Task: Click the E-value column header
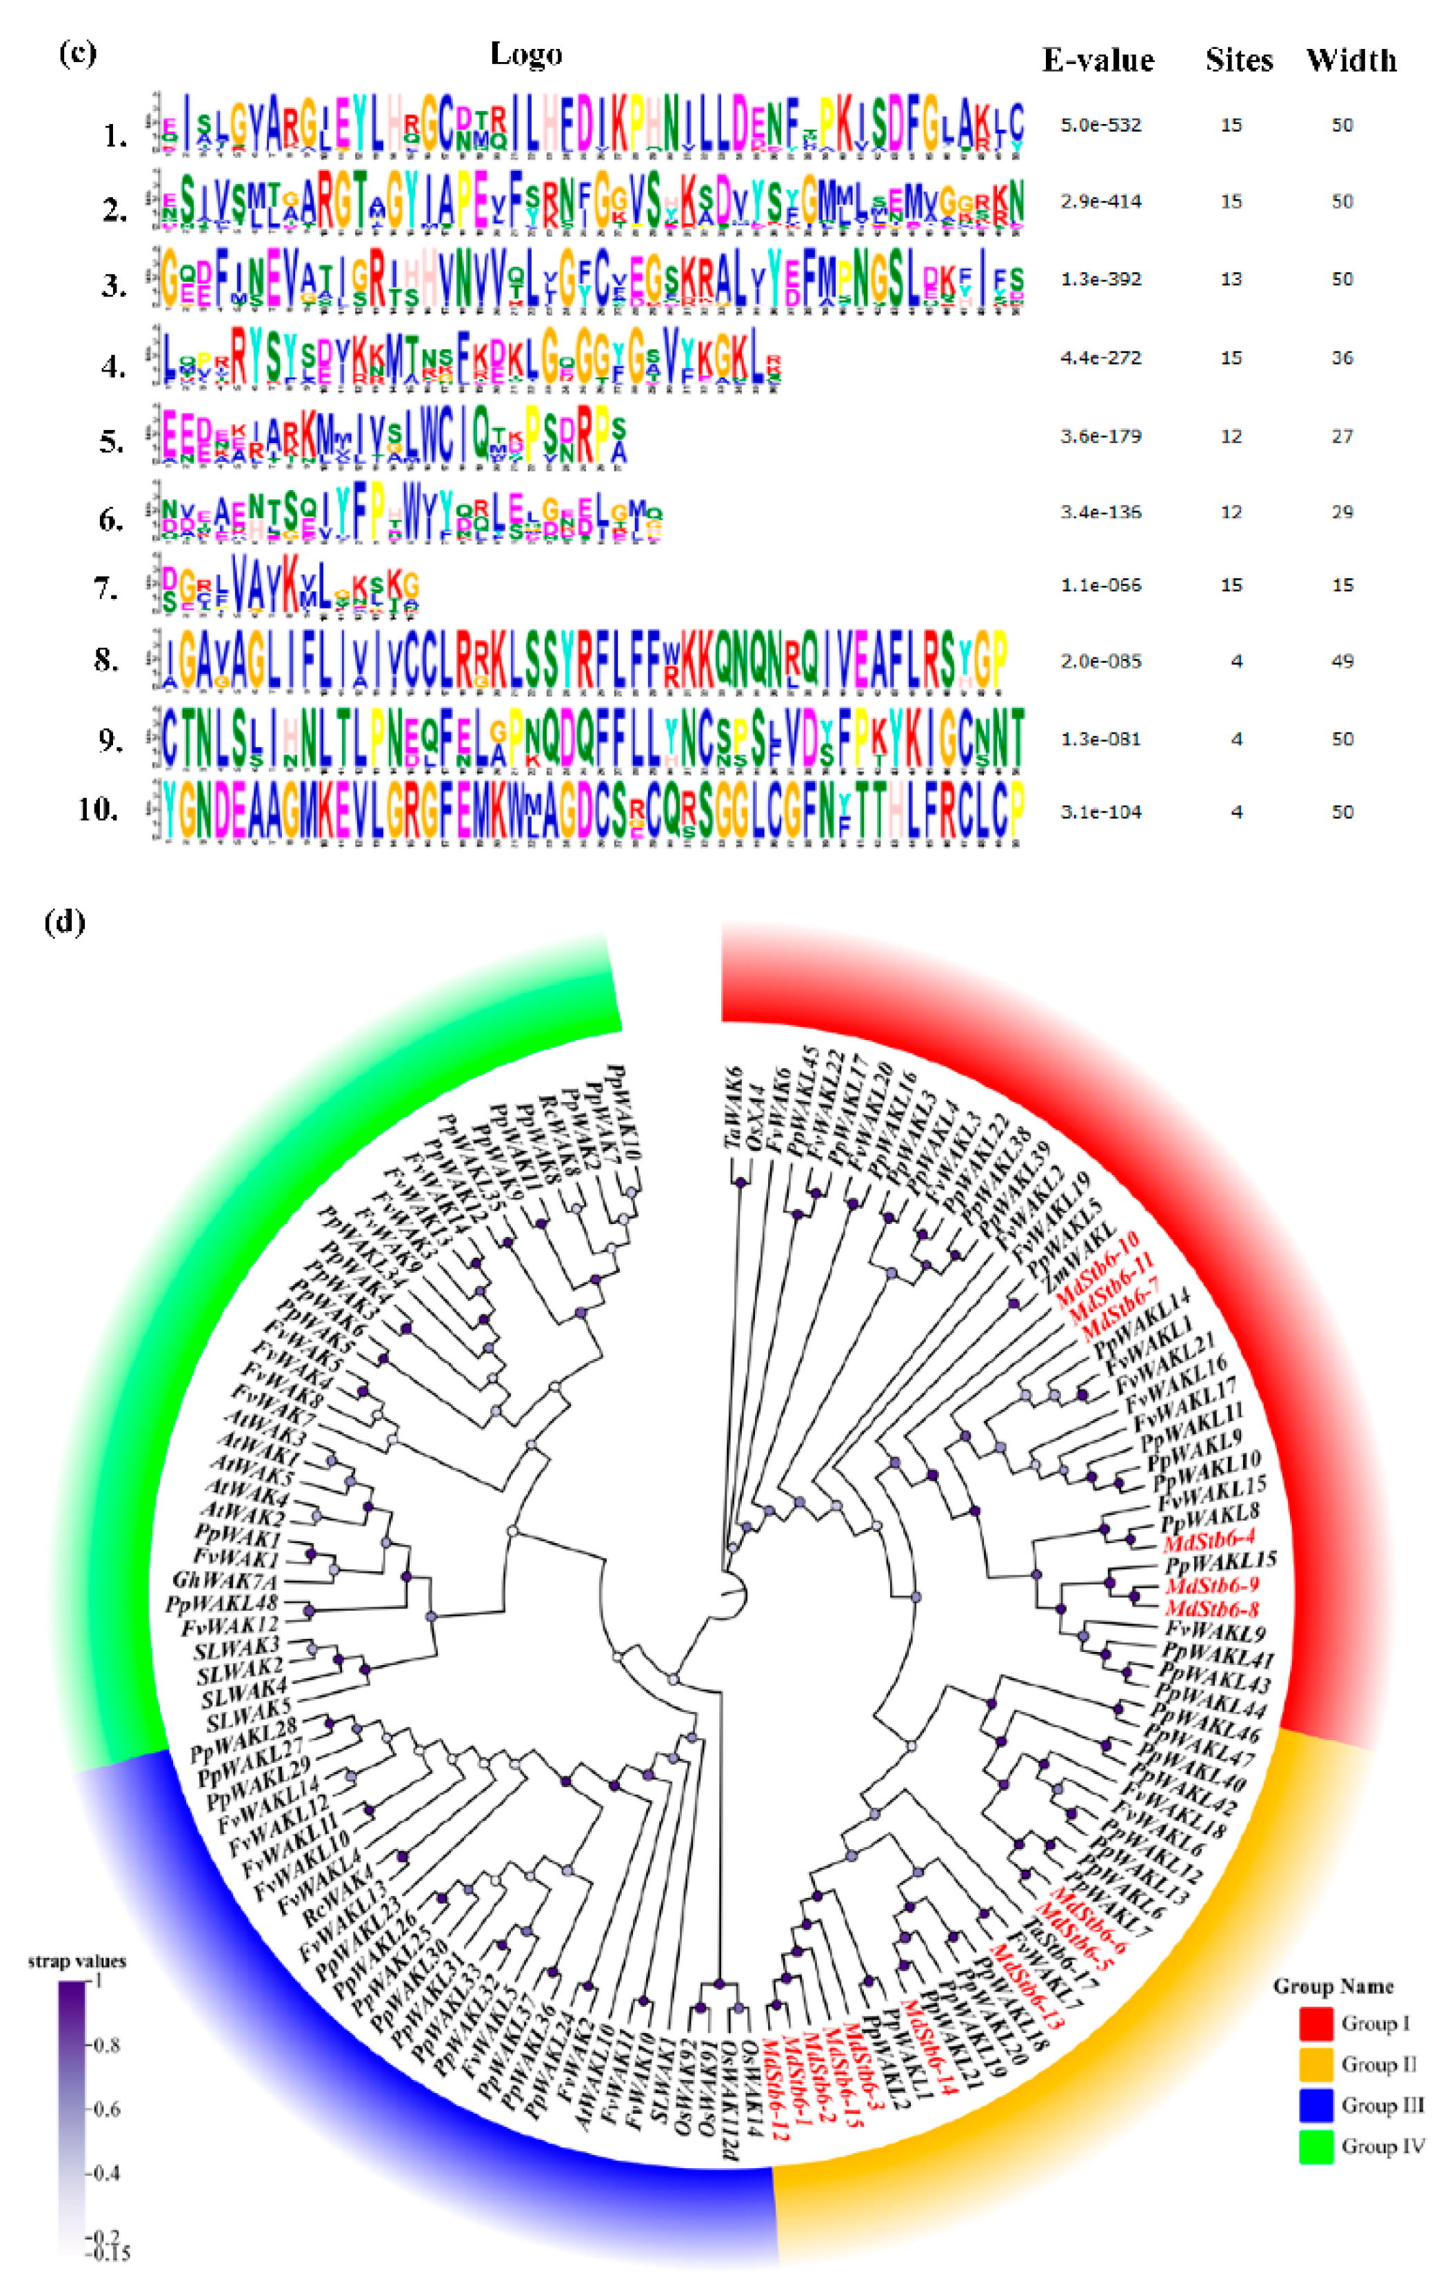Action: pyautogui.click(x=1098, y=61)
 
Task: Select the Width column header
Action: pyautogui.click(x=1351, y=61)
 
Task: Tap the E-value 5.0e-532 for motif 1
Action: pyautogui.click(x=1100, y=125)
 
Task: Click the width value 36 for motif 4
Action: pyautogui.click(x=1342, y=358)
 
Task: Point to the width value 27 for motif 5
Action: pyautogui.click(x=1342, y=436)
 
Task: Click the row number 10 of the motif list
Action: pyautogui.click(x=97, y=810)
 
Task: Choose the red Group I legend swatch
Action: pyautogui.click(x=1315, y=2023)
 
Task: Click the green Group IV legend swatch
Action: pyautogui.click(x=1315, y=2146)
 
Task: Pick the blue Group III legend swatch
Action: pyautogui.click(x=1315, y=2105)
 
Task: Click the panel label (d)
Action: pyautogui.click(x=65, y=923)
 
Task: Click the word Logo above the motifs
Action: pyautogui.click(x=525, y=54)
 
